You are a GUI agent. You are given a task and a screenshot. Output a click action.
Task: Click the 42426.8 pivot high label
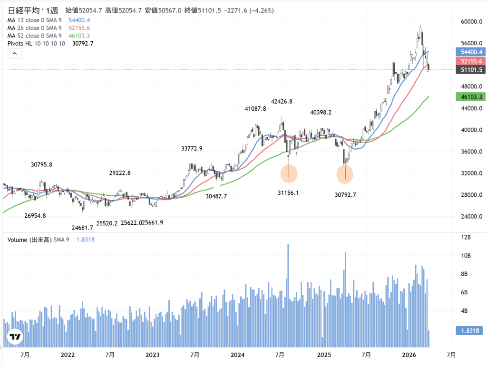coord(282,101)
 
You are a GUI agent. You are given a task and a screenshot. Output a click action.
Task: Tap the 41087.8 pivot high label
coord(255,109)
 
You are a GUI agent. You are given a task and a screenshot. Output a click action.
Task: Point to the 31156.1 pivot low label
coord(288,192)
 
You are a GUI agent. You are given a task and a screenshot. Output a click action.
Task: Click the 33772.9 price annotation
coord(192,148)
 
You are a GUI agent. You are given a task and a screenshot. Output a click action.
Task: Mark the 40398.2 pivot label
coord(321,113)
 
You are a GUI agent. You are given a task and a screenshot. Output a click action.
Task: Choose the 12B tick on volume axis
coord(466,237)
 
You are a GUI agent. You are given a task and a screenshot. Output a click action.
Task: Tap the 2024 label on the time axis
coord(237,355)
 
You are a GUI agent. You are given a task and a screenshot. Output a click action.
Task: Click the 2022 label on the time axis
coord(68,355)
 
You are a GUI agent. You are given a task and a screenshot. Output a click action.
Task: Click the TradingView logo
coord(15,337)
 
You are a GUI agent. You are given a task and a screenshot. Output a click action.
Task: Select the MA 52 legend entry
coord(34,36)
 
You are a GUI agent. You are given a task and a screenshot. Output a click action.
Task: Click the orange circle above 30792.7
coord(345,174)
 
